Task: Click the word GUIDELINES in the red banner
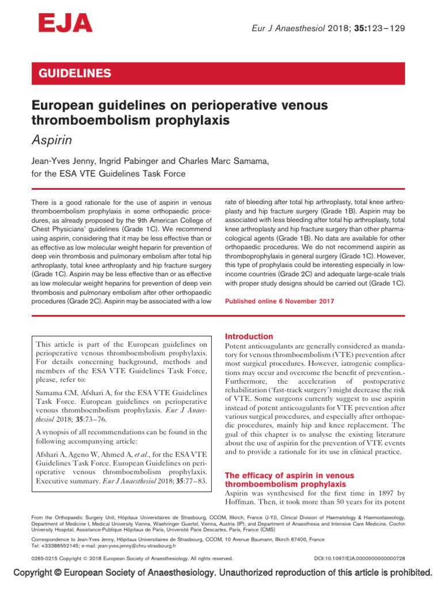pyautogui.click(x=74, y=74)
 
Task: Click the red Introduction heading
pyautogui.click(x=249, y=336)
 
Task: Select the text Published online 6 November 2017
pyautogui.click(x=279, y=301)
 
